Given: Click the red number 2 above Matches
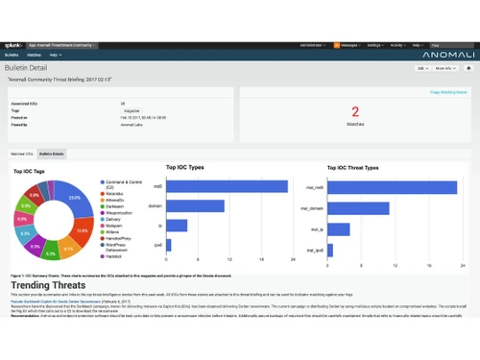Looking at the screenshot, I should [354, 111].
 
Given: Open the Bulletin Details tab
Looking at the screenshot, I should [52, 154].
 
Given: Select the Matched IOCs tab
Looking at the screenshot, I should [22, 154].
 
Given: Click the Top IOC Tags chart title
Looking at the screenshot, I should [30, 172].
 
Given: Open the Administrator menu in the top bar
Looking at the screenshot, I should [312, 44].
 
